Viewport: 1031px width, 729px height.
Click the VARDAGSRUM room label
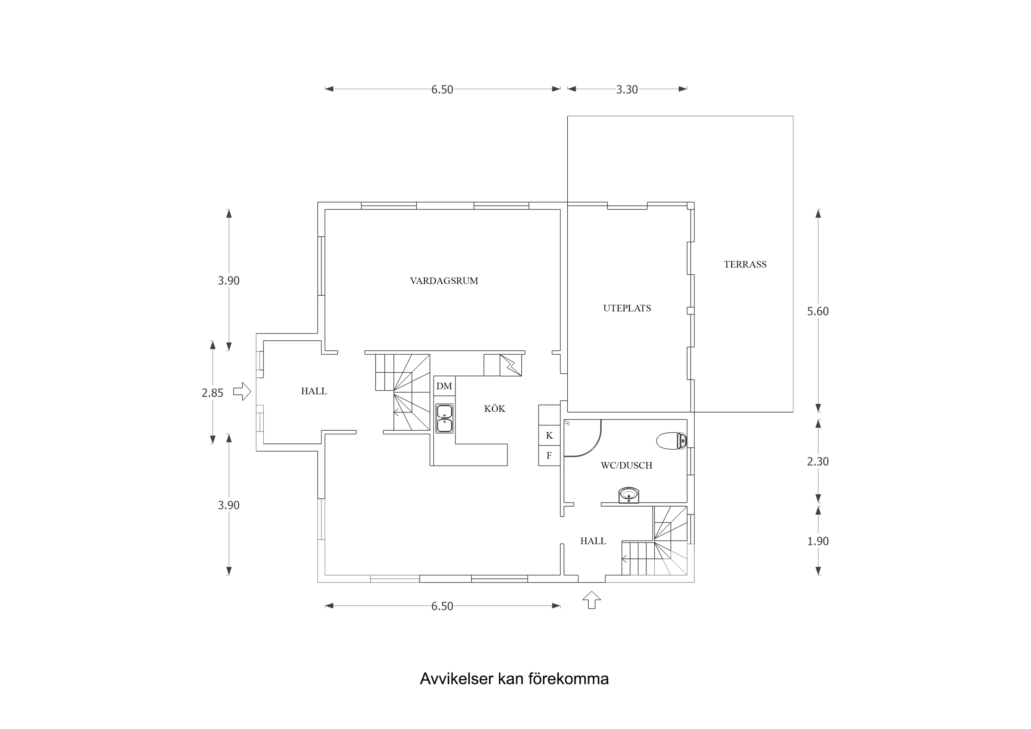coord(444,281)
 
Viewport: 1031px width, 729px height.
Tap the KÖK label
coord(494,408)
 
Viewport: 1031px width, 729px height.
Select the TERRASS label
coord(745,264)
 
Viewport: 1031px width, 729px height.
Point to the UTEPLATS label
coord(627,308)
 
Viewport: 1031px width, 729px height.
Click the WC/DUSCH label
coord(626,465)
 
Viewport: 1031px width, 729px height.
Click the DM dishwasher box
coord(444,386)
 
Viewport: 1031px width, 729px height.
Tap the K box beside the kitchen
coord(549,435)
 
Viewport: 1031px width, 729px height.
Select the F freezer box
coord(549,455)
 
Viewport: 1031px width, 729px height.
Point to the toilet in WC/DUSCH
coord(671,441)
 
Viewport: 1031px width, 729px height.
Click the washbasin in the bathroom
coord(629,495)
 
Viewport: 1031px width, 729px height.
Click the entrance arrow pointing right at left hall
coord(242,391)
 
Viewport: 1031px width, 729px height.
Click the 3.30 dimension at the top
coord(627,90)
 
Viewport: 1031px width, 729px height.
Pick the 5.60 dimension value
coord(818,311)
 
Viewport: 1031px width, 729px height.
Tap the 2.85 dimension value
coord(212,393)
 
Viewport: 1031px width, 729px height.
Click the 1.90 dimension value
coord(818,541)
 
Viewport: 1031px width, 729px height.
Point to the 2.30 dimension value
coord(818,461)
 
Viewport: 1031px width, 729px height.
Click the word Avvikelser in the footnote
coord(456,679)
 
